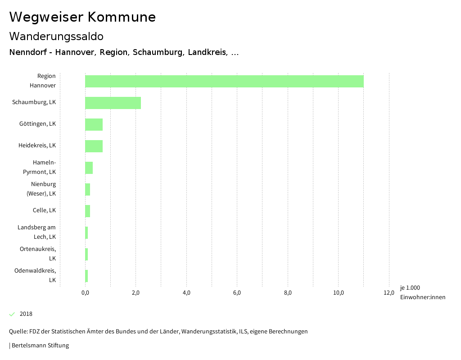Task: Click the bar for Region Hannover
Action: click(x=224, y=81)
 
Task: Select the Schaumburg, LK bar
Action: click(x=113, y=103)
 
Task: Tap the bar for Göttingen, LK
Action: click(x=94, y=124)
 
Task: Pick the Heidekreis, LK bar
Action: click(x=94, y=146)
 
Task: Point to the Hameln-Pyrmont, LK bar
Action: click(x=89, y=168)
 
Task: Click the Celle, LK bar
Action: click(x=87, y=211)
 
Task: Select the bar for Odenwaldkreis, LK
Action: click(x=86, y=276)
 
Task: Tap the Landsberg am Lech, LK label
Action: click(x=37, y=232)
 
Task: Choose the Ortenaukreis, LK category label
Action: click(x=38, y=254)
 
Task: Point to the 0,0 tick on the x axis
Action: click(x=85, y=293)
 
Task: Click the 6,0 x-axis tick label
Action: click(x=237, y=293)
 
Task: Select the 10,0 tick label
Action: click(x=338, y=293)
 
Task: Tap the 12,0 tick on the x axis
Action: click(x=389, y=293)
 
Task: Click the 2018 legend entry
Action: click(x=26, y=314)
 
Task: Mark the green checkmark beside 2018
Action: click(x=12, y=314)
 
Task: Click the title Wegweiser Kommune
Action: click(x=82, y=17)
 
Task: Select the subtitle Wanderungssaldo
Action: click(x=56, y=36)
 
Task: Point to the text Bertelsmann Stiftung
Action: click(x=40, y=346)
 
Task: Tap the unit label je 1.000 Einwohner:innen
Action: click(x=422, y=292)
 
